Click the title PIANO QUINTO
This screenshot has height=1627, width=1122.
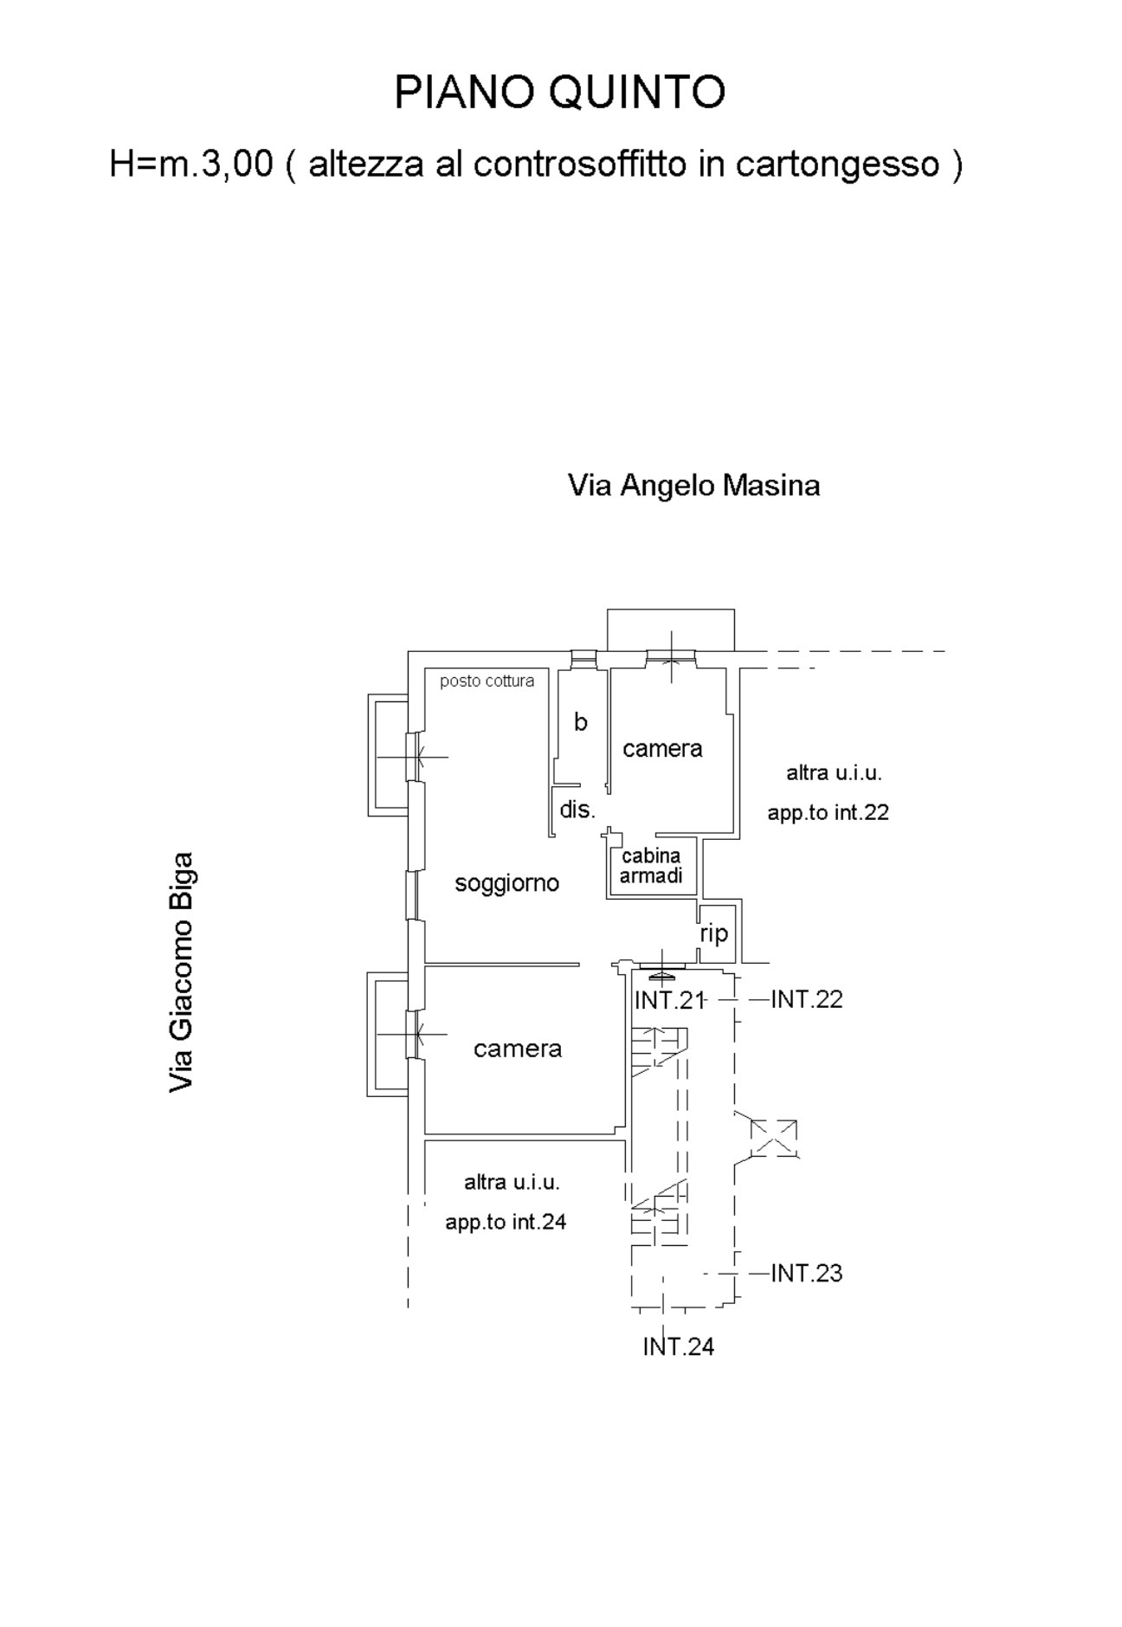(x=559, y=93)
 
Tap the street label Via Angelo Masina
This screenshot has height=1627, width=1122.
(x=693, y=486)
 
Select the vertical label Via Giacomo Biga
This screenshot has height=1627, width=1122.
(x=181, y=972)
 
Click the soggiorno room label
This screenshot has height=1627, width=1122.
(x=507, y=884)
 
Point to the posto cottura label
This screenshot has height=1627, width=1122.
(x=487, y=681)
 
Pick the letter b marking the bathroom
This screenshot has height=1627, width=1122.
(x=581, y=721)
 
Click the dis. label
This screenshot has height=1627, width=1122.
(x=577, y=810)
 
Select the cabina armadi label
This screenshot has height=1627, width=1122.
(x=651, y=866)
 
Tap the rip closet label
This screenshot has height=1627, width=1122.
(x=714, y=933)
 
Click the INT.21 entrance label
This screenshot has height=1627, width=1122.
(x=669, y=1000)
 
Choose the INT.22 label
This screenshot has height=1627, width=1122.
(x=807, y=999)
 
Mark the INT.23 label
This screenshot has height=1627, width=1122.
(x=807, y=1273)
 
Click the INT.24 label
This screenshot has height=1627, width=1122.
(x=679, y=1346)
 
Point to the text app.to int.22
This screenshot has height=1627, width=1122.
(x=829, y=813)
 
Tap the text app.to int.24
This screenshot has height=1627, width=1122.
(x=506, y=1223)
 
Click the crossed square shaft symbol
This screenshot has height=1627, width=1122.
(x=773, y=1138)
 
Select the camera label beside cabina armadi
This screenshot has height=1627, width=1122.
(x=662, y=749)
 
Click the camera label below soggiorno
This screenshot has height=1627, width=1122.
(x=518, y=1049)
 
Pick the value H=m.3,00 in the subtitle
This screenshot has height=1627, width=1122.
(x=191, y=164)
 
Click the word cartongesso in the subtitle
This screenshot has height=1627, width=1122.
(x=838, y=165)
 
